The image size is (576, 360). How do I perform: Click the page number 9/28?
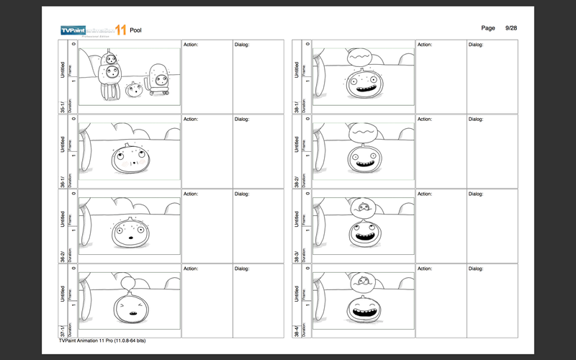point(512,27)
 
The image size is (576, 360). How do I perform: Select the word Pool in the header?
point(136,30)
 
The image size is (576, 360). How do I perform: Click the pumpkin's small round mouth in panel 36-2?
point(130,238)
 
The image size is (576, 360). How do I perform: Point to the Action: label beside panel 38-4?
point(426,269)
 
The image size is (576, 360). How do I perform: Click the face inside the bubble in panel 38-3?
point(364,208)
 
